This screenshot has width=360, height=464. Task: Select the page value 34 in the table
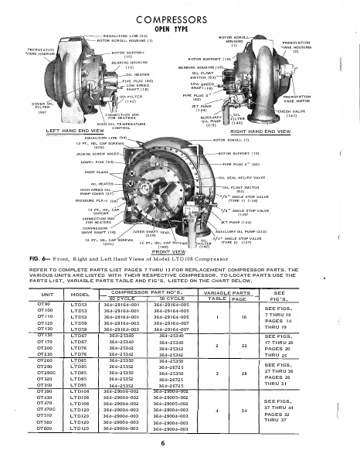point(245,408)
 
